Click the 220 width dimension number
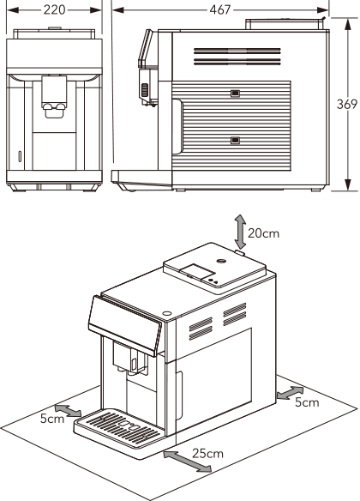click(x=54, y=10)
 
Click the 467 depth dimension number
click(x=220, y=10)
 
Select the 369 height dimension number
click(x=347, y=104)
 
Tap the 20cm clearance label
click(x=264, y=233)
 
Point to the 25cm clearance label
click(x=207, y=453)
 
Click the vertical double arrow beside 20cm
click(x=240, y=232)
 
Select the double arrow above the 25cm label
click(x=188, y=461)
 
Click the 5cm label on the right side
click(x=307, y=402)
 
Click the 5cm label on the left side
click(x=52, y=419)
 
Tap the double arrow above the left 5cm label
click(x=68, y=410)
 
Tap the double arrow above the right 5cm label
click(x=290, y=393)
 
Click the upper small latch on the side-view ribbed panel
click(x=235, y=94)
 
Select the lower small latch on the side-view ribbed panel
click(x=235, y=141)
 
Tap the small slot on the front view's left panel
click(x=20, y=156)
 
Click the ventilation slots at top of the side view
click(x=237, y=57)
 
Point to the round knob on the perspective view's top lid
click(x=221, y=261)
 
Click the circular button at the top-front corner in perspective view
click(x=166, y=313)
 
